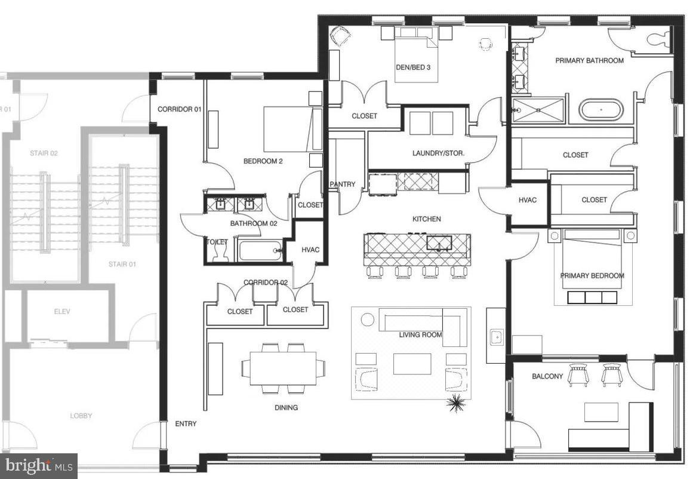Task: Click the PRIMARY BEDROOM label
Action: coord(592,275)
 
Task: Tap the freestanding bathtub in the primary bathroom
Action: coord(601,110)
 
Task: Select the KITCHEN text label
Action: coord(426,219)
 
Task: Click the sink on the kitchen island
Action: coord(439,242)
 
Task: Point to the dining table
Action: coord(283,368)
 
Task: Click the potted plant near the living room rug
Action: coord(456,404)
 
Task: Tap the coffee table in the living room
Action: coord(412,364)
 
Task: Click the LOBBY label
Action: coord(81,416)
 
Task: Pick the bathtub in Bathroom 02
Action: coord(260,250)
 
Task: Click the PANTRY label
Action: coord(342,185)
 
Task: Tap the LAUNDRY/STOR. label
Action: coord(438,153)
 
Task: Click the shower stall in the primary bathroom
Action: coord(538,110)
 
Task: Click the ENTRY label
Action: coord(186,424)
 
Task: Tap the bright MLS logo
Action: coord(39,465)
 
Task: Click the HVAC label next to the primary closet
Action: coord(528,200)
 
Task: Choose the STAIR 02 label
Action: coord(44,153)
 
